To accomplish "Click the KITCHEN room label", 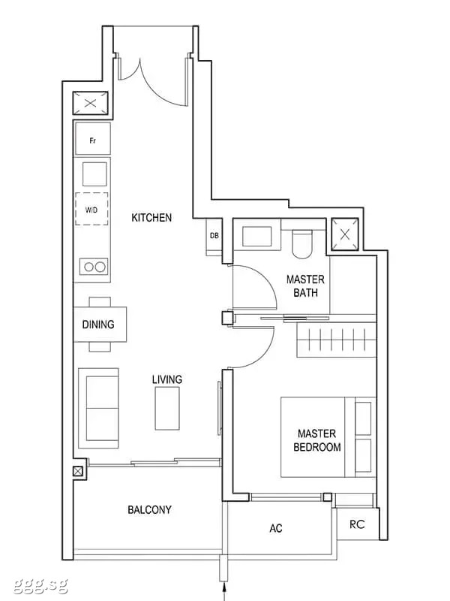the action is pyautogui.click(x=151, y=218).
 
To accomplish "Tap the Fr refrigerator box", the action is pyautogui.click(x=93, y=139).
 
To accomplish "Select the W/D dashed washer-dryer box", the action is pyautogui.click(x=91, y=209).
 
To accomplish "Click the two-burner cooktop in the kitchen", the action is pyautogui.click(x=94, y=267).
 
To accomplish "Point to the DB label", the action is pyautogui.click(x=214, y=236).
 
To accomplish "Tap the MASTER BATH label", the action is pyautogui.click(x=305, y=286).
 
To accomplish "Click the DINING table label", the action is pyautogui.click(x=98, y=325).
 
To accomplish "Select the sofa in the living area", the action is pyautogui.click(x=99, y=408).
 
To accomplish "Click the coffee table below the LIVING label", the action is pyautogui.click(x=167, y=408).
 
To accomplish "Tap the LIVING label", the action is pyautogui.click(x=166, y=379).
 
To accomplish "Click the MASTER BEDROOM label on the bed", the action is pyautogui.click(x=316, y=440).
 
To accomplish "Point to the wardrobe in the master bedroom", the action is pyautogui.click(x=337, y=340).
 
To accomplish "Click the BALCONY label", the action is pyautogui.click(x=149, y=510).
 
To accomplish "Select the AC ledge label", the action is pyautogui.click(x=276, y=528).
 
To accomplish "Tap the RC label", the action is pyautogui.click(x=357, y=524).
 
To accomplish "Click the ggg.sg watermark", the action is pyautogui.click(x=40, y=585).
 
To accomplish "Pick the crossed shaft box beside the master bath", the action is pyautogui.click(x=345, y=234).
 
